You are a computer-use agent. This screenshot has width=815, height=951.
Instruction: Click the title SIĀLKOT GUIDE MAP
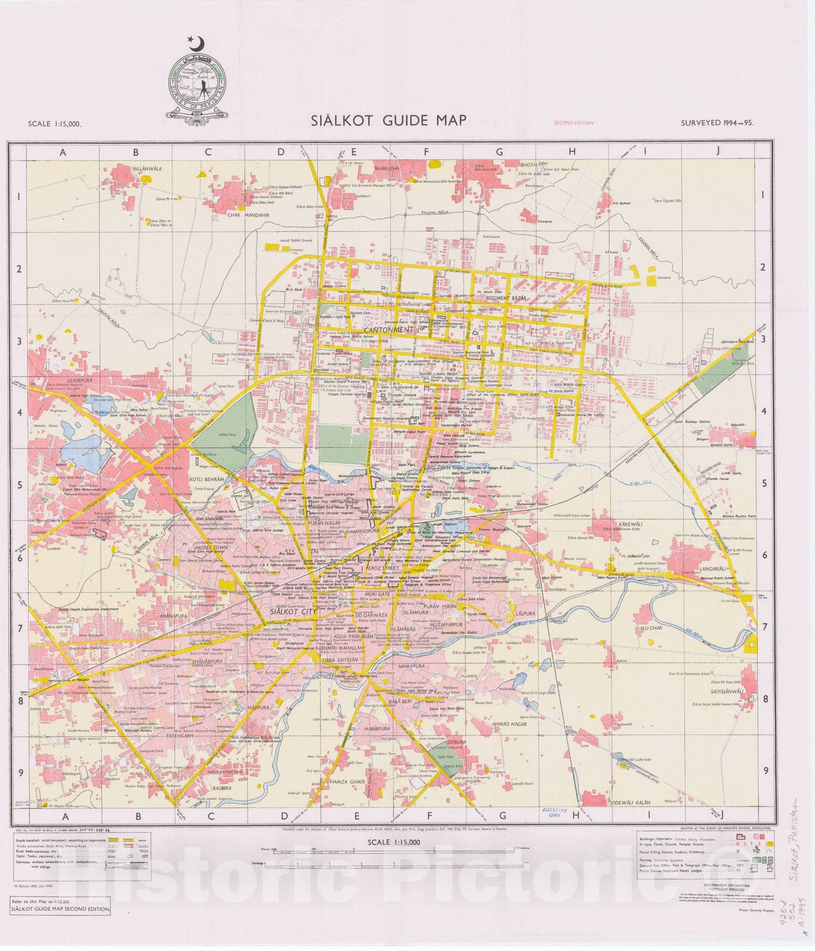click(x=388, y=121)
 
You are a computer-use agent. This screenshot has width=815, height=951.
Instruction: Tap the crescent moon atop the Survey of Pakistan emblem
click(x=196, y=43)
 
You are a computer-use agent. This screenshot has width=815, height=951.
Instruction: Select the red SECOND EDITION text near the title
click(x=573, y=123)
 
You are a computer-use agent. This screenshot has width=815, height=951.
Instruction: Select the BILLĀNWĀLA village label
click(x=147, y=169)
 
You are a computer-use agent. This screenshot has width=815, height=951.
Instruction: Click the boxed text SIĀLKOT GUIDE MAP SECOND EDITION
click(x=61, y=925)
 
